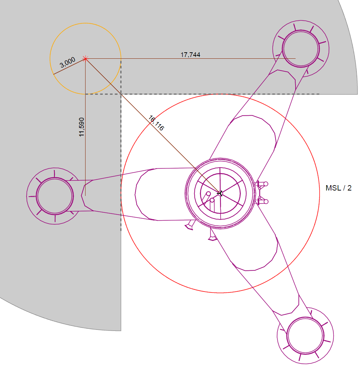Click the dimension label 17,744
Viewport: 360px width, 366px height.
(190, 55)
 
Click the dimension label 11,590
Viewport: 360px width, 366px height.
(82, 127)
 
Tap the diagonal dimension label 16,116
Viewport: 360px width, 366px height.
(156, 123)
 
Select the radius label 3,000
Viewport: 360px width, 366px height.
(67, 62)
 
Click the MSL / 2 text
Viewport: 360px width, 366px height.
(339, 188)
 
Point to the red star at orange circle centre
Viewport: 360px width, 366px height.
(86, 58)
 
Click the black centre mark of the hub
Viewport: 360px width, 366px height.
(220, 193)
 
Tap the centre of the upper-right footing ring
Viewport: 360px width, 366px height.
(301, 49)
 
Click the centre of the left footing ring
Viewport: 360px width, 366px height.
(55, 196)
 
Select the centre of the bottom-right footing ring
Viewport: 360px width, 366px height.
(305, 336)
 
